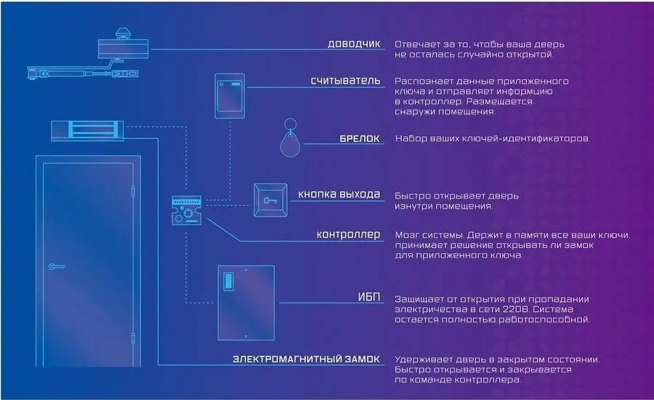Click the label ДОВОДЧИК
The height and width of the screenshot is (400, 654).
(x=354, y=44)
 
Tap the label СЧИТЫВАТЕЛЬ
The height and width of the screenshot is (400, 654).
(x=345, y=81)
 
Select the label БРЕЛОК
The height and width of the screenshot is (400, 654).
(x=360, y=138)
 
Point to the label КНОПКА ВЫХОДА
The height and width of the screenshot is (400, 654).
(x=339, y=194)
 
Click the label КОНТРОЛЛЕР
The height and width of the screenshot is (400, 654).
(x=348, y=235)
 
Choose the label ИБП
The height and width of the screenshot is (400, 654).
(x=369, y=297)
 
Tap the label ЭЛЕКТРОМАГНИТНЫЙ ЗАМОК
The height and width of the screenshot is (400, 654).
(x=306, y=359)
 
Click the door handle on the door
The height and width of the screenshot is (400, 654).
(x=56, y=266)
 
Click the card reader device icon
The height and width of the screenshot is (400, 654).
(x=230, y=95)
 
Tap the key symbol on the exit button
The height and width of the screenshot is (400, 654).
(x=270, y=201)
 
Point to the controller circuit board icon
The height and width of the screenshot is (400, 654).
(x=187, y=210)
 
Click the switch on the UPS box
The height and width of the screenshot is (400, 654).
(x=229, y=281)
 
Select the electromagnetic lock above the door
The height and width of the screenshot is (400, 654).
(x=87, y=131)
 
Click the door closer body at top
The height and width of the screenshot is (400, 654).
(x=123, y=49)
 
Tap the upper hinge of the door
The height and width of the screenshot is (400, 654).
(x=133, y=192)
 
